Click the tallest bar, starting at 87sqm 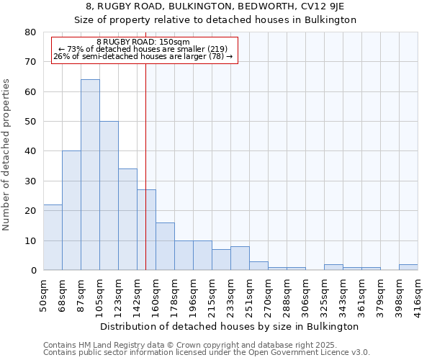click(90, 175)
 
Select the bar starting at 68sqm click(71, 210)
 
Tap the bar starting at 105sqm click(109, 196)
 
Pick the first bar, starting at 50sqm click(53, 238)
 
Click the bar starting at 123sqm click(127, 220)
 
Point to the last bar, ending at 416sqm click(408, 267)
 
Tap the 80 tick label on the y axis click(30, 32)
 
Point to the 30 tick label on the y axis click(30, 181)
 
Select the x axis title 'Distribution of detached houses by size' click(229, 326)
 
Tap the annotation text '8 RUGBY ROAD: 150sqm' click(143, 42)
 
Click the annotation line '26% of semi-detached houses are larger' click(143, 56)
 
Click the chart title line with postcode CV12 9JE click(215, 6)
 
